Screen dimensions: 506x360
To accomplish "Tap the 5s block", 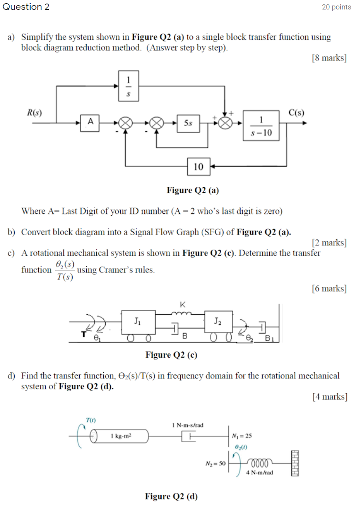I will [x=188, y=123].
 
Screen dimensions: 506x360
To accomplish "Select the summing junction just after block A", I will [x=125, y=123].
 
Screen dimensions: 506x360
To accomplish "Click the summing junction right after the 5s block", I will [x=225, y=123].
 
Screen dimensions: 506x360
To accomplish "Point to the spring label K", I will [x=182, y=304].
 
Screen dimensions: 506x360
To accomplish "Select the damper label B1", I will [x=270, y=338].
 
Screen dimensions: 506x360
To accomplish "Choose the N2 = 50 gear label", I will [x=215, y=463].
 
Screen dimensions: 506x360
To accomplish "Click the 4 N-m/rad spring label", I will [x=259, y=472].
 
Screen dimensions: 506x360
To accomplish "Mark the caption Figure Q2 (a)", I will [x=193, y=190].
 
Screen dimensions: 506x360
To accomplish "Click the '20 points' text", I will [x=336, y=7].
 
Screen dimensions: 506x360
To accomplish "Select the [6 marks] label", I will [x=329, y=289].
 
